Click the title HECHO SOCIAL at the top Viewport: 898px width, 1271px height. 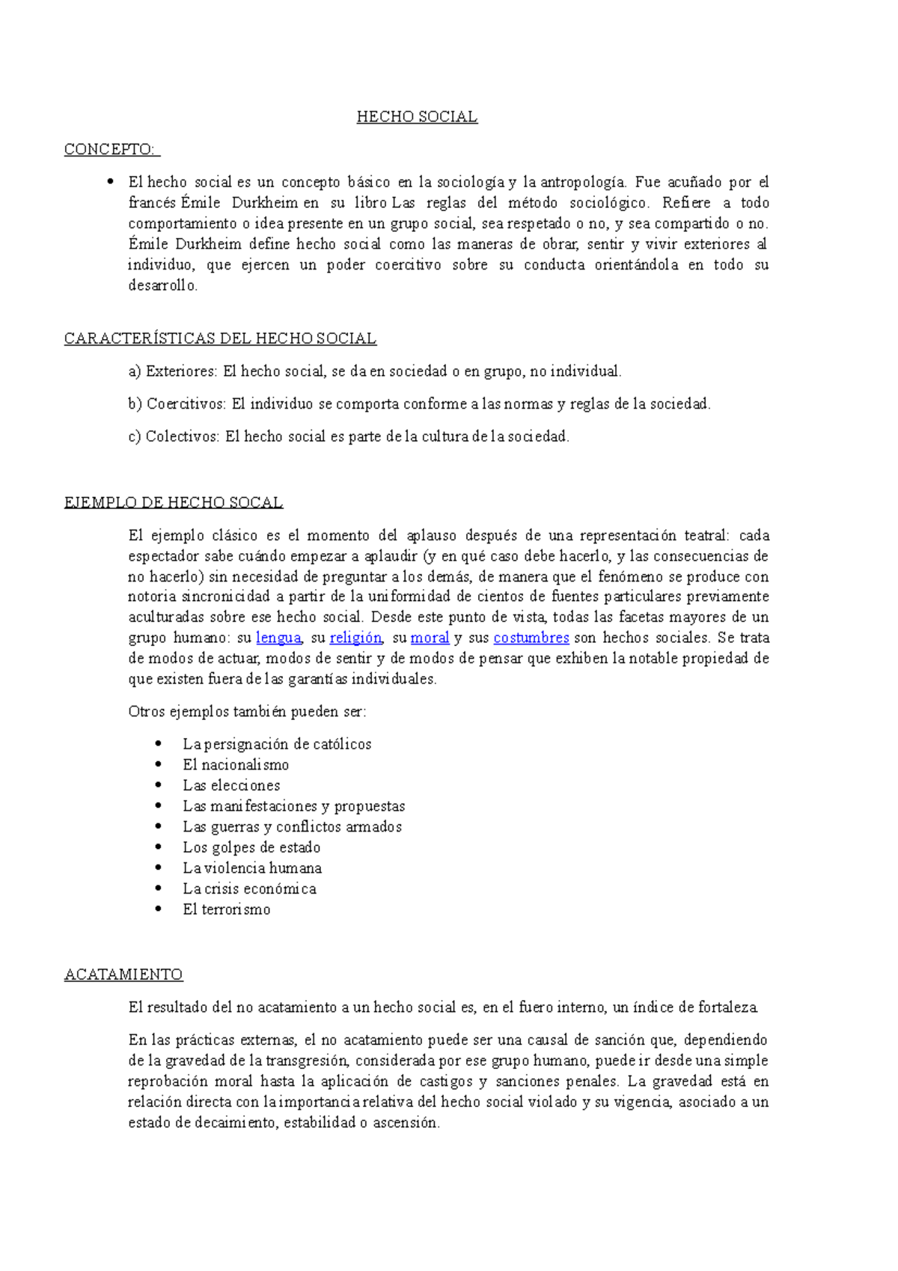[417, 117]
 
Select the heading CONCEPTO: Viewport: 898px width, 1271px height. [111, 150]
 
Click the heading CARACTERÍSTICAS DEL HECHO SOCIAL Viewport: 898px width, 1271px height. [220, 338]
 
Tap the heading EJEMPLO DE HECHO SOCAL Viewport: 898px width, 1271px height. [174, 502]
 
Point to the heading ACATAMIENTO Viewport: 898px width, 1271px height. [123, 975]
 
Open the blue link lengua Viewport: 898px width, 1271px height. [278, 638]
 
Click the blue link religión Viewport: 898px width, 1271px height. [355, 638]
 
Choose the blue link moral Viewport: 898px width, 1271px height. [430, 638]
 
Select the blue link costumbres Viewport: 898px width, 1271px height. [531, 638]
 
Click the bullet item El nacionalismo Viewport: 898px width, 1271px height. [236, 765]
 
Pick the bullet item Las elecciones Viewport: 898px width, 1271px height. [231, 785]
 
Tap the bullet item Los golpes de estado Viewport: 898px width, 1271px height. [251, 847]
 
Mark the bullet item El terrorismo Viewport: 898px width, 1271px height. [227, 909]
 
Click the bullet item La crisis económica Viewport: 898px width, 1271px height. [249, 889]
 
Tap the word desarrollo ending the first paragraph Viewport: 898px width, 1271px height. [162, 286]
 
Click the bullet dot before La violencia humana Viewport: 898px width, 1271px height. [158, 868]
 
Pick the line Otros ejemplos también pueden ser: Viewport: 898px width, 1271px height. [247, 712]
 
